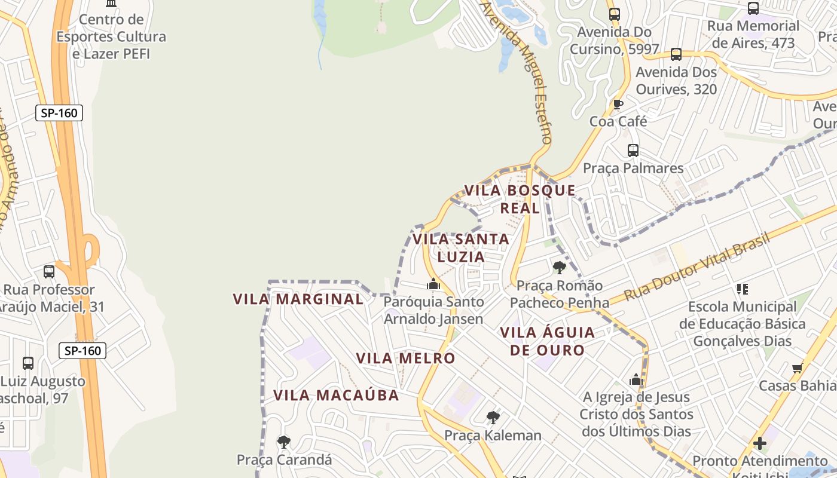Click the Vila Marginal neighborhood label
[298, 299]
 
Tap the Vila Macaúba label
[336, 395]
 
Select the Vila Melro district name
[405, 358]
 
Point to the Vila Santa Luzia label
[460, 247]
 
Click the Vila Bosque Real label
[520, 199]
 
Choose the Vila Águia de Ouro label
[547, 341]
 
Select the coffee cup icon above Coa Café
[618, 105]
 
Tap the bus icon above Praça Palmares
[633, 150]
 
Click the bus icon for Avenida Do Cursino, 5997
[614, 14]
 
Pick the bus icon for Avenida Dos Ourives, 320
[676, 54]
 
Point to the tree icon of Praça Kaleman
[493, 417]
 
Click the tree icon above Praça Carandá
[284, 442]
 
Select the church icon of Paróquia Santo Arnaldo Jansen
[433, 284]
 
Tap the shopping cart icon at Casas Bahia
[797, 368]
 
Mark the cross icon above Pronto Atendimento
[759, 443]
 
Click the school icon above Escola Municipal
[743, 289]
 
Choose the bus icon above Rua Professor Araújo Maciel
[49, 272]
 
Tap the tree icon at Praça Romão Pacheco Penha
[560, 267]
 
